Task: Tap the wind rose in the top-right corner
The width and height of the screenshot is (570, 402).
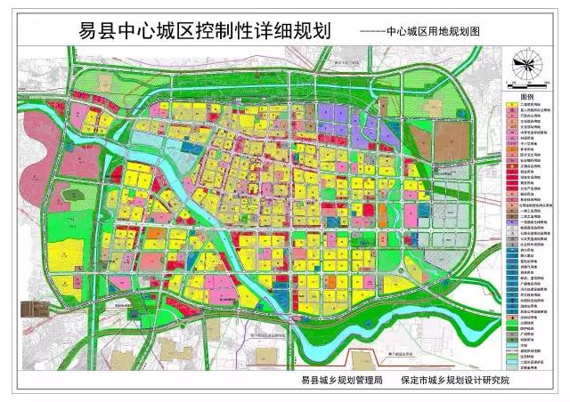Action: pos(525,63)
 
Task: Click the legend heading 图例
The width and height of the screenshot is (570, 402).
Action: pos(525,94)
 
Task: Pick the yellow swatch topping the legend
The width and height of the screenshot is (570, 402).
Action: pos(512,103)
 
